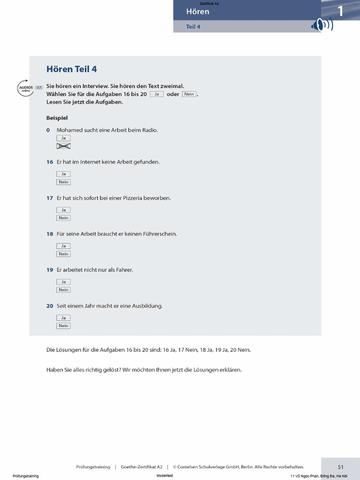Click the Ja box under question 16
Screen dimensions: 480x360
pos(63,174)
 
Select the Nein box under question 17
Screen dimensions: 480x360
pos(63,218)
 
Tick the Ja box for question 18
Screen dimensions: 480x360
pos(63,246)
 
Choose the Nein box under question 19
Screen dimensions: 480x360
pos(63,290)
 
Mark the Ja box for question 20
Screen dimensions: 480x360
pos(63,318)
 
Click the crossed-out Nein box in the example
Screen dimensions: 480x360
pos(63,146)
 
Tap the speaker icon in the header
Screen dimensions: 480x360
pos(322,25)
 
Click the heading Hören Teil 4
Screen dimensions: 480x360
pos(72,69)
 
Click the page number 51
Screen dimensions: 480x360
pos(341,467)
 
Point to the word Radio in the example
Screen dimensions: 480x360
pos(150,130)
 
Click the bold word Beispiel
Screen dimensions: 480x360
pos(57,118)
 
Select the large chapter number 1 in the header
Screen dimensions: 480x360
pos(341,11)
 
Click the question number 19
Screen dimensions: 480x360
pos(50,270)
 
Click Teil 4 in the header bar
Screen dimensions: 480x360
pos(193,27)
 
